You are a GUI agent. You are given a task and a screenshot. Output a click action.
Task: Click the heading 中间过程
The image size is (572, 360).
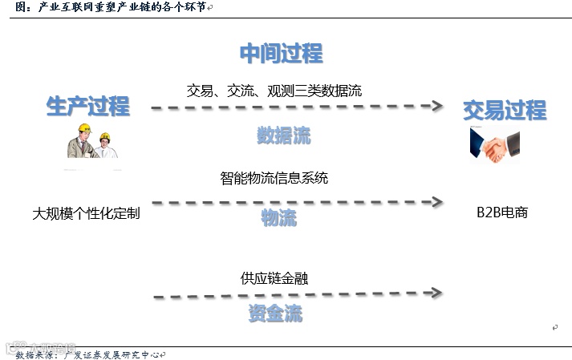point(281,54)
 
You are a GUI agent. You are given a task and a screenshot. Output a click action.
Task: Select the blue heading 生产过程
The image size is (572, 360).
point(87,106)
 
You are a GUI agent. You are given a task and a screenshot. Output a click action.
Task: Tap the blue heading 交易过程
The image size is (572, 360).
point(504,110)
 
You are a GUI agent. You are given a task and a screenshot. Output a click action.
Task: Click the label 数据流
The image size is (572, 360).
point(283,135)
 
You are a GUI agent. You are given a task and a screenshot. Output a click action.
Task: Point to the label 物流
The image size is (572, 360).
point(278,217)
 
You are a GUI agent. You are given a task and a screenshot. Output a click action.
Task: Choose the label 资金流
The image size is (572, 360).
point(275,313)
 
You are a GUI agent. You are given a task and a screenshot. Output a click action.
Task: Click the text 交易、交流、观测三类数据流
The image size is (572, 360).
point(274,91)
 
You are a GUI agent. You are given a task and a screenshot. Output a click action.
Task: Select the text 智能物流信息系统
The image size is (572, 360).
point(274,178)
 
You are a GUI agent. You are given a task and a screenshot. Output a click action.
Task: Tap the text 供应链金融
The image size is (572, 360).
point(274,278)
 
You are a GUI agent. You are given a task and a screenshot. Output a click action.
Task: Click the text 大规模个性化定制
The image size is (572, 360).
point(86,214)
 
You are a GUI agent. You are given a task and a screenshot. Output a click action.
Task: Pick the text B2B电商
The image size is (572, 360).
point(502,213)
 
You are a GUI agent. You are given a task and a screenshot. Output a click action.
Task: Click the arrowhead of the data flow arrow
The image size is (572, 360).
point(437,106)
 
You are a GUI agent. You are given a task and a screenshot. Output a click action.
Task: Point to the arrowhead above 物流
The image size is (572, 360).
point(437,202)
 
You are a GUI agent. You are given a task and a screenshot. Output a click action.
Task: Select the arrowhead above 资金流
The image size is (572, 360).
point(437,294)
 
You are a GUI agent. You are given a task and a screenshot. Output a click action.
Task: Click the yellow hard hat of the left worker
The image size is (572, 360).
point(82,128)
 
